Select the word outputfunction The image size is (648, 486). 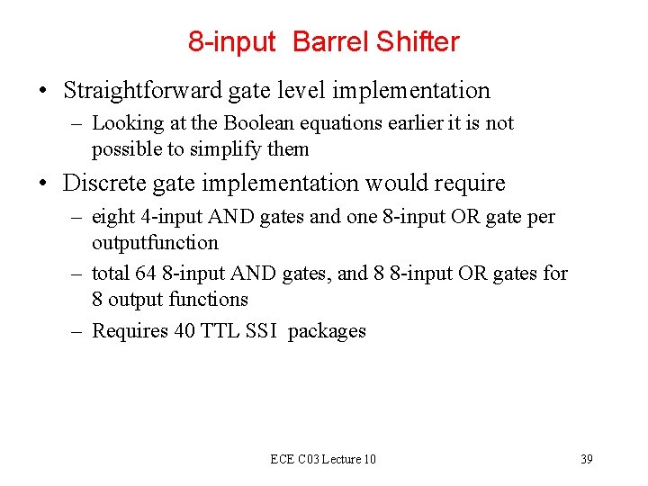point(155,243)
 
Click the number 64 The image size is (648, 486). point(145,273)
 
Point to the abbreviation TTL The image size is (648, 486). point(219,331)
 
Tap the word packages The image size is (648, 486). point(327,331)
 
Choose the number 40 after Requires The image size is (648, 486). point(184,331)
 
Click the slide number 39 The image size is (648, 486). point(586,460)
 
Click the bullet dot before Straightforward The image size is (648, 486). point(43,92)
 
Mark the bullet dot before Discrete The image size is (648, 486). point(43,184)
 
